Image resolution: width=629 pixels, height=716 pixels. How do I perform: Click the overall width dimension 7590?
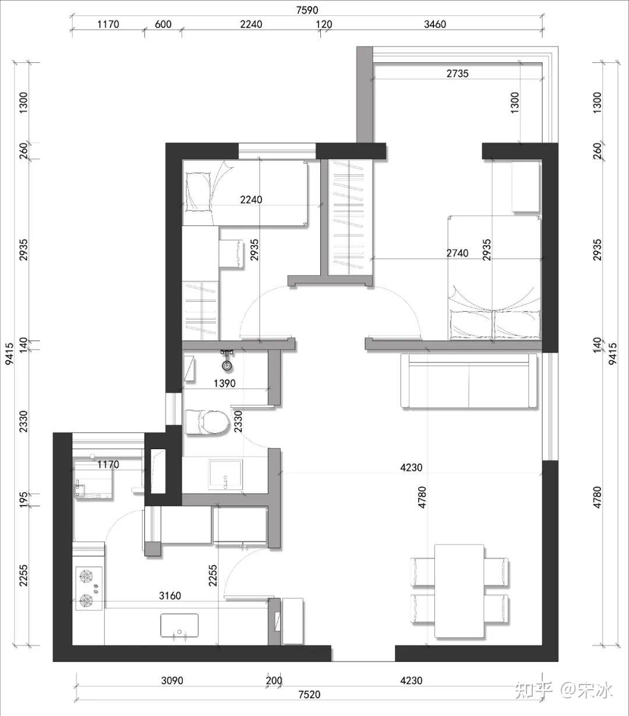[x=307, y=10]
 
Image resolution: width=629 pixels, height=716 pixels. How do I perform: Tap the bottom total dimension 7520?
[x=310, y=694]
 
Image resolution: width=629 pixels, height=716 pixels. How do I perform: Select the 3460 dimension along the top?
[x=435, y=24]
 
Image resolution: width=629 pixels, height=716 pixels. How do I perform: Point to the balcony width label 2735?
[x=457, y=73]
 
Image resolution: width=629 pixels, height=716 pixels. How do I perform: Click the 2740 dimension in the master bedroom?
[x=457, y=253]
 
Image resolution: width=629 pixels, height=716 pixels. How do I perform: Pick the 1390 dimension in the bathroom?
[x=224, y=383]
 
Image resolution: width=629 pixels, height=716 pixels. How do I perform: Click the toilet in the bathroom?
[x=207, y=422]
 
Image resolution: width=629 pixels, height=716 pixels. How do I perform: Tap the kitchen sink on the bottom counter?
[x=179, y=625]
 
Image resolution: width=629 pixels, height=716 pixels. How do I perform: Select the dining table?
[x=460, y=591]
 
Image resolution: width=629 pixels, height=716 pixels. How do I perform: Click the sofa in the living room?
[x=469, y=380]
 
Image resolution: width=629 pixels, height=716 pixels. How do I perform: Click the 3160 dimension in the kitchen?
[x=170, y=595]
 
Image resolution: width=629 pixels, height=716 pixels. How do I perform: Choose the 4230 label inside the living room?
[x=411, y=468]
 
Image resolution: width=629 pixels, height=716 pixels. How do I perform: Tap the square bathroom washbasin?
[x=225, y=474]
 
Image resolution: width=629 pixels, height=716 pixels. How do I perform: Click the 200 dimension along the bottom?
[x=274, y=680]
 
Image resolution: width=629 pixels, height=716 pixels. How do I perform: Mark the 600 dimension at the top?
[x=163, y=24]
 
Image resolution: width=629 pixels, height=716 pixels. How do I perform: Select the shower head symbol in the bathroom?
[x=227, y=361]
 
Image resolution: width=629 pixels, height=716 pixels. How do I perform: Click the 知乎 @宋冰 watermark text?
[x=563, y=689]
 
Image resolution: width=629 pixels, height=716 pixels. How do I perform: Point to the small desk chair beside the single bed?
[x=231, y=253]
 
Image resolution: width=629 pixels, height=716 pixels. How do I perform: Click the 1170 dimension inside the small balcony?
[x=108, y=464]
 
